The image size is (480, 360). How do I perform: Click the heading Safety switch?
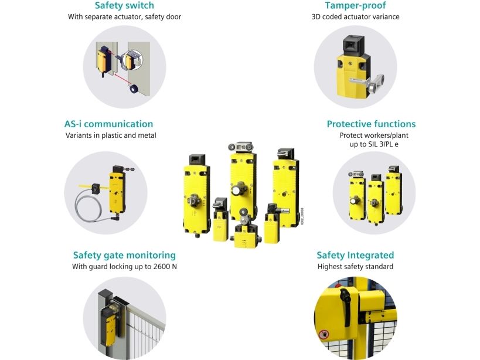pyautogui.click(x=124, y=5)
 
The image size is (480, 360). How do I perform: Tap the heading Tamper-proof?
pyautogui.click(x=355, y=5)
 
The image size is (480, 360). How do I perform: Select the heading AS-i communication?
pyautogui.click(x=108, y=124)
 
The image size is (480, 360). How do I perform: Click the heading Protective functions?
pyautogui.click(x=371, y=124)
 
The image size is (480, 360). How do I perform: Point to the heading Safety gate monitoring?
pyautogui.click(x=124, y=255)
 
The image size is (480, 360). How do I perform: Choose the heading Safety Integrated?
pyautogui.click(x=355, y=255)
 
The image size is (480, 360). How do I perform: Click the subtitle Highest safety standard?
pyautogui.click(x=355, y=267)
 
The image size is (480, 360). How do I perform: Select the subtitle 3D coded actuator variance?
pyautogui.click(x=355, y=17)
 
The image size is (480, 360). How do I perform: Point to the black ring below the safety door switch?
pyautogui.click(x=134, y=89)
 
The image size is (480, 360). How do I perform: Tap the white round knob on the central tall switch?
pyautogui.click(x=236, y=191)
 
